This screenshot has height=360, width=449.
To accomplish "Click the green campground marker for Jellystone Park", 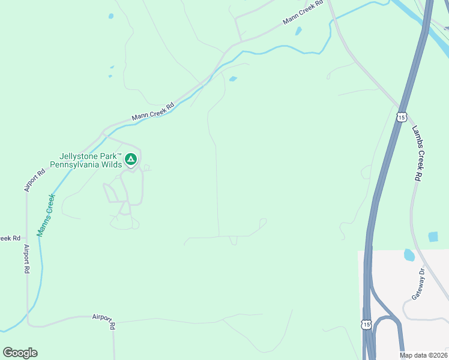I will [131, 159].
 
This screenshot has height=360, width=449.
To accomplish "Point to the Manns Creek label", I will [46, 214].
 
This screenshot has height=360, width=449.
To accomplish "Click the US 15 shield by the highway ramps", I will [366, 324].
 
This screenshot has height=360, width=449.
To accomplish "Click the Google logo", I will [20, 353].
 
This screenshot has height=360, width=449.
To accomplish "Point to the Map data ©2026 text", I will [423, 355].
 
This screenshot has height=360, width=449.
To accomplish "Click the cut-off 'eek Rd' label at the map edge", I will [10, 238].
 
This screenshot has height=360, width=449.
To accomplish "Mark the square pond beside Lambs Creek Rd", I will [433, 236].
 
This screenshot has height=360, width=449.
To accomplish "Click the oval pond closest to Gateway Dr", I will [409, 255].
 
